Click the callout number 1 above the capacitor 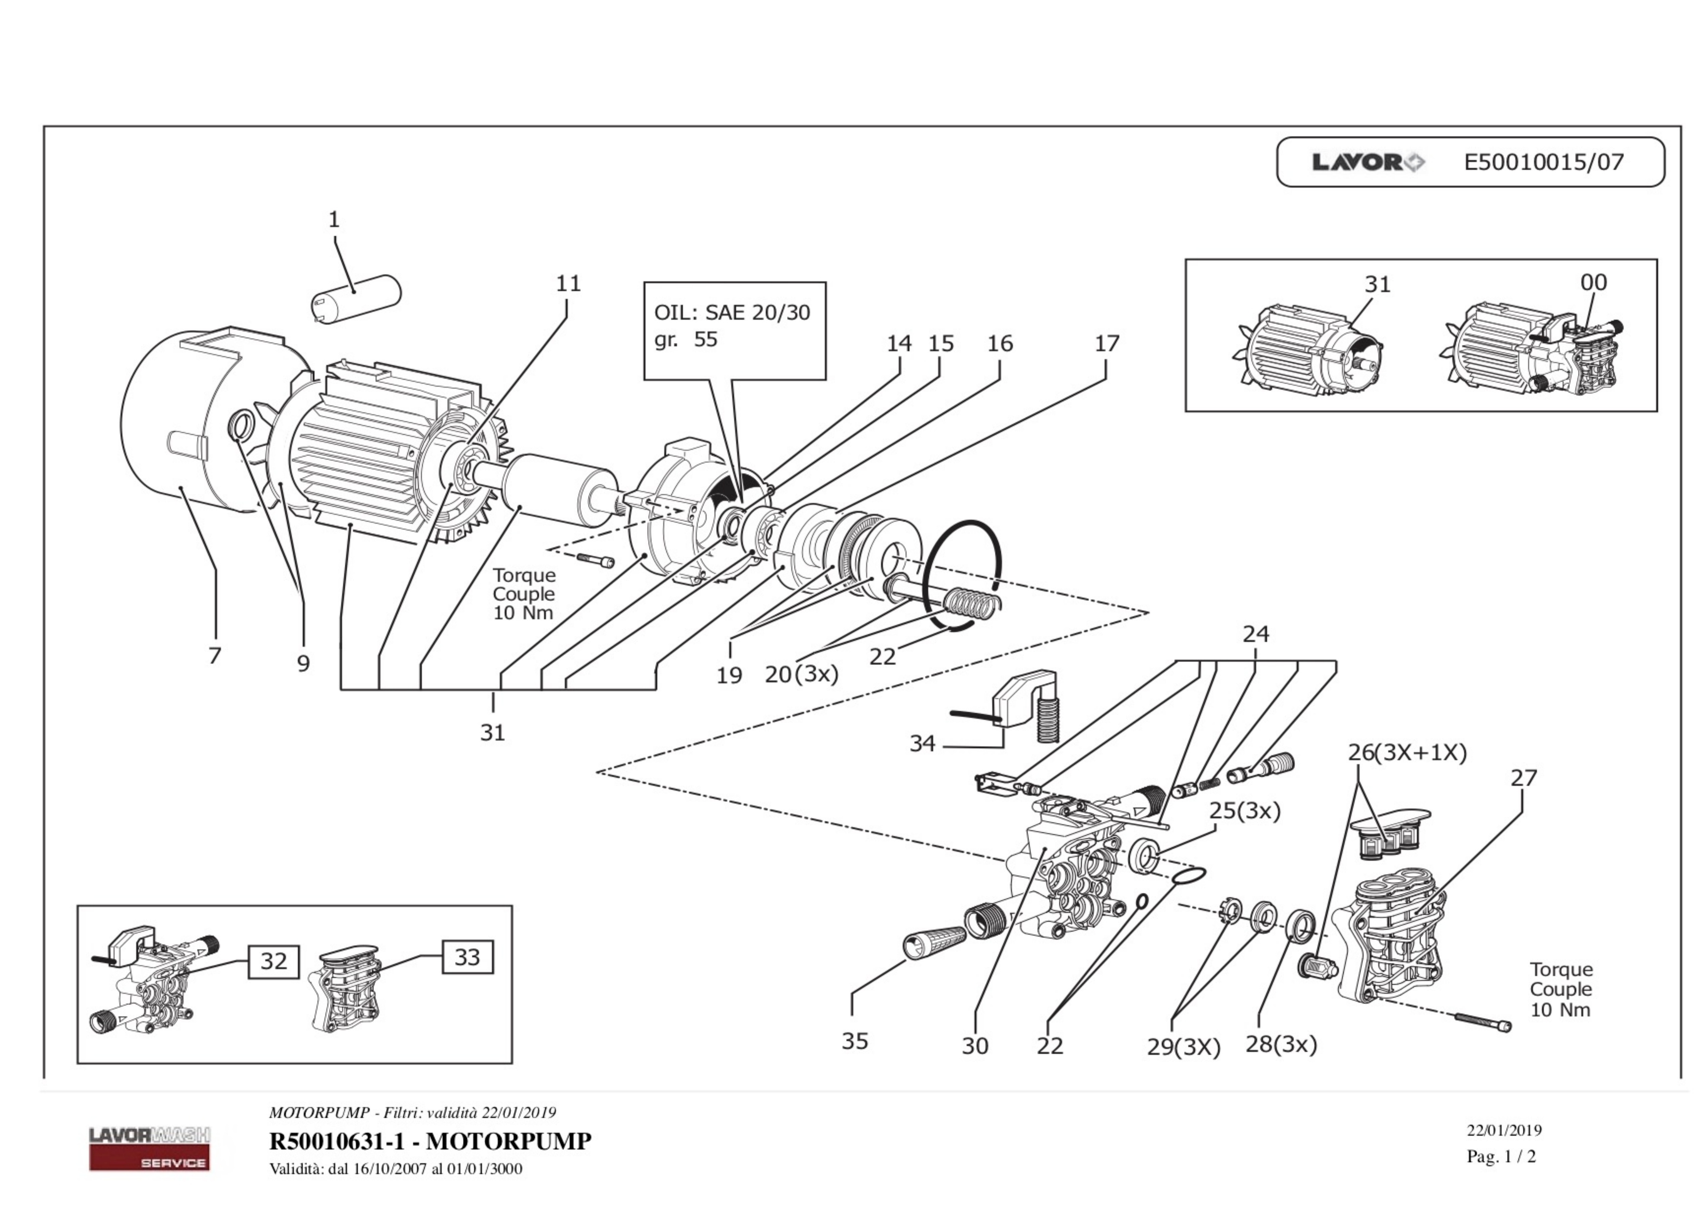click(334, 220)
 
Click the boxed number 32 click(274, 961)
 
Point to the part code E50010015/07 click(1544, 162)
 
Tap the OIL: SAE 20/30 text click(732, 312)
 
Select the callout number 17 click(1107, 344)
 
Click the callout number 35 click(855, 1041)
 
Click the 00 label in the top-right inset click(1593, 282)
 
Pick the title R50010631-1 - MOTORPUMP click(430, 1141)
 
